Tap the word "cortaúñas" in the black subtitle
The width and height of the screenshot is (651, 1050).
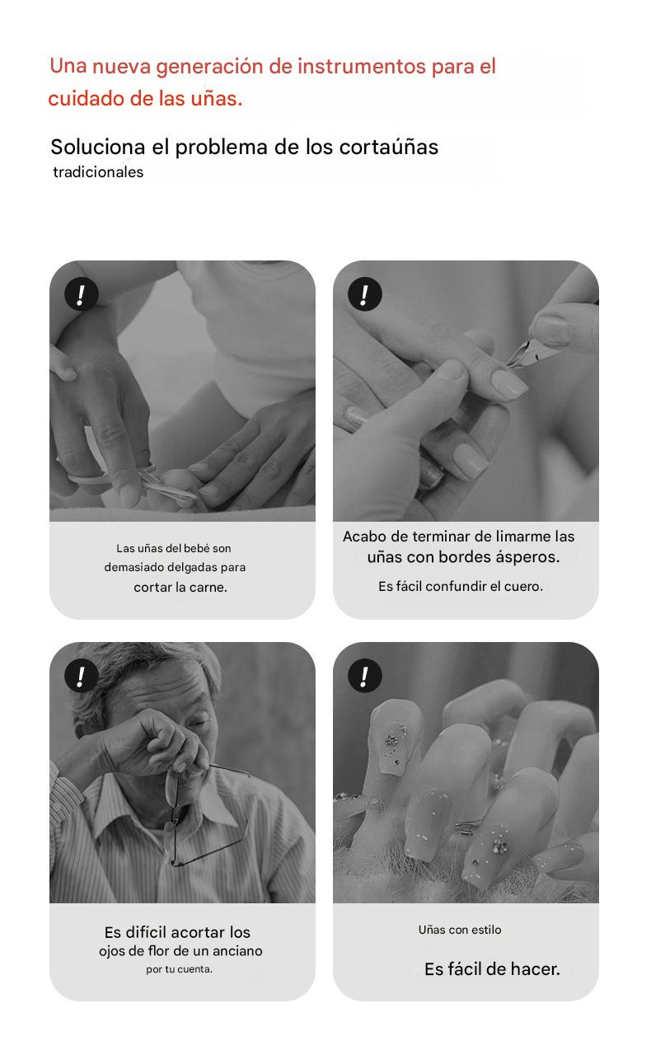388,148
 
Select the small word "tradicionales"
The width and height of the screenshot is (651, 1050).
98,172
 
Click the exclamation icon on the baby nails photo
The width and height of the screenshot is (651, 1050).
81,294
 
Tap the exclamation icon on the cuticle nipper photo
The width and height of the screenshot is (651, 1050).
364,294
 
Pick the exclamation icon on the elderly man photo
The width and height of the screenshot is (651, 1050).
81,676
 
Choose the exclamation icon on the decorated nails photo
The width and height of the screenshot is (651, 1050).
364,676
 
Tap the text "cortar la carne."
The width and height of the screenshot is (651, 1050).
180,588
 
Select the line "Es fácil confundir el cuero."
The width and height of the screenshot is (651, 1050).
461,587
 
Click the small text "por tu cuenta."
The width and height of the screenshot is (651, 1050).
179,969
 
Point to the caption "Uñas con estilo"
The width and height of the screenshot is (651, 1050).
460,930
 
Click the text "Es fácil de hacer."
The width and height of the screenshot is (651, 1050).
492,968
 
